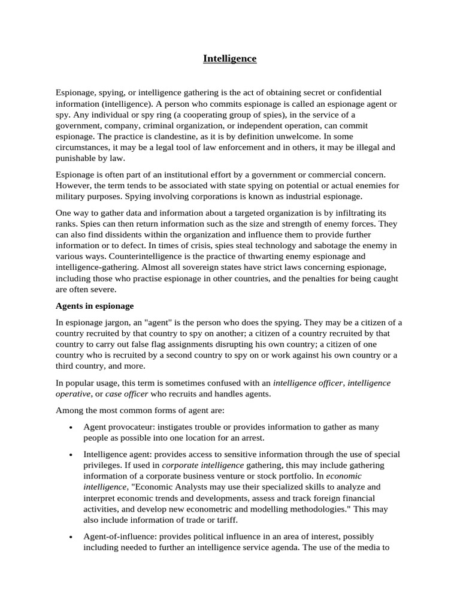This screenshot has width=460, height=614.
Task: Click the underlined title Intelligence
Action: pos(229,59)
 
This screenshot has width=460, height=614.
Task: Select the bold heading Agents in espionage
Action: pos(95,306)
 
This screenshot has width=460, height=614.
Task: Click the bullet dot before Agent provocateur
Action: pos(71,427)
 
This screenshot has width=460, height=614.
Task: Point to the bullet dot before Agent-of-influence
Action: pos(71,537)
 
